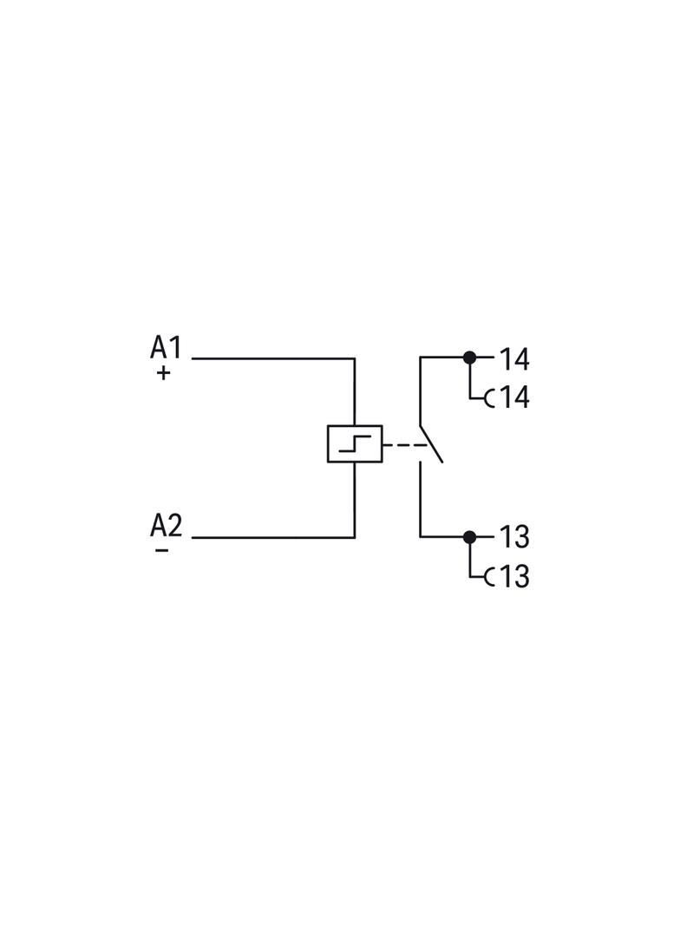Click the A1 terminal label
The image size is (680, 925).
(x=166, y=347)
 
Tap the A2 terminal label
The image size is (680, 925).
(x=167, y=525)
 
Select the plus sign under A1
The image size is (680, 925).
(x=163, y=373)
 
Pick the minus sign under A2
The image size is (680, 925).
(x=161, y=550)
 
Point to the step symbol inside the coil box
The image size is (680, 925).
(x=355, y=443)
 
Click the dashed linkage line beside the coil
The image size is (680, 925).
(x=404, y=444)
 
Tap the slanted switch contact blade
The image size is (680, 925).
(x=431, y=443)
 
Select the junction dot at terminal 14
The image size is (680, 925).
(x=469, y=358)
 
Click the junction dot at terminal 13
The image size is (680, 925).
(x=469, y=537)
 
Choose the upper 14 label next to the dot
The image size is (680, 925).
(x=514, y=359)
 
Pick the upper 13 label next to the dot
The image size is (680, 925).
(x=514, y=537)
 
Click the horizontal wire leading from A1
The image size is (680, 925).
(x=273, y=358)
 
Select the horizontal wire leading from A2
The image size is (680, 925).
(x=273, y=537)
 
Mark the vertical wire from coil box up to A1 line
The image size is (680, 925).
(x=355, y=391)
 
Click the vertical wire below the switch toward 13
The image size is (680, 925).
(x=421, y=500)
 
